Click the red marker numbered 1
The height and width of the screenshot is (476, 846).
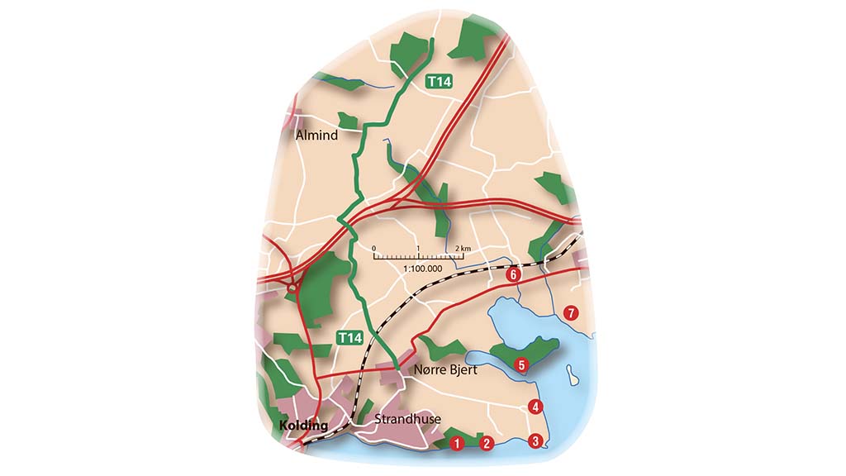pos(456,444)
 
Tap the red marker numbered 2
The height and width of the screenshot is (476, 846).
pos(487,444)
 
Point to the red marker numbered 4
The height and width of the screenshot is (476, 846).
pos(535,407)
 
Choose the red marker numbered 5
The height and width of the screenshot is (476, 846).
pos(520,364)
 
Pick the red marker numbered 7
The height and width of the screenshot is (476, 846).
pos(569,312)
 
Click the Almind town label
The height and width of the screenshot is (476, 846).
pos(316,135)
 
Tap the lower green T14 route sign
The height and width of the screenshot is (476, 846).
pos(349,337)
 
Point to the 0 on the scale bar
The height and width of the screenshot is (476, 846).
pos(373,248)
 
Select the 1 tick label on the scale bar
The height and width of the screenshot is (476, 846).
pos(419,248)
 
